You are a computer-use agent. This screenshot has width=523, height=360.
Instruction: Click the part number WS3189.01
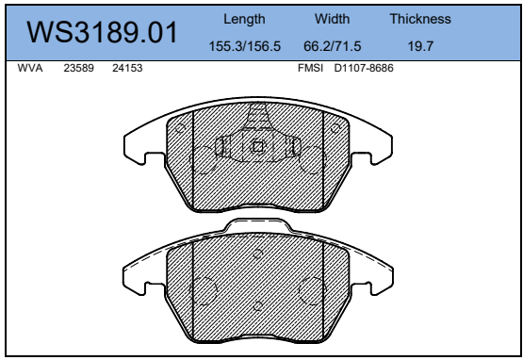pos(102,32)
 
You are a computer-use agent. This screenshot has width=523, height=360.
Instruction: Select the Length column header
pos(244,20)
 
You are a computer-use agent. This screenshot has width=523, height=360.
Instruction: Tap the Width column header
pos(332,19)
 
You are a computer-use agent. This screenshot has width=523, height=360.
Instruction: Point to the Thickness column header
pos(420,19)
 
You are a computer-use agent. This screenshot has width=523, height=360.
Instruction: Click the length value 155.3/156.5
pos(244,46)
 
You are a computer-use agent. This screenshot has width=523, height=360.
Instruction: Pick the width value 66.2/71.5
pos(333,46)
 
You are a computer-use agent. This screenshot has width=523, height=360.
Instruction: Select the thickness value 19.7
pos(420,46)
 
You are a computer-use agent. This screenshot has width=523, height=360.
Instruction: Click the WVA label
pos(30,68)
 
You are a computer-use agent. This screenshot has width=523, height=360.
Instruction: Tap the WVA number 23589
pos(79,68)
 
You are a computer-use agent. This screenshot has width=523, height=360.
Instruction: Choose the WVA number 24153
pos(127,68)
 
